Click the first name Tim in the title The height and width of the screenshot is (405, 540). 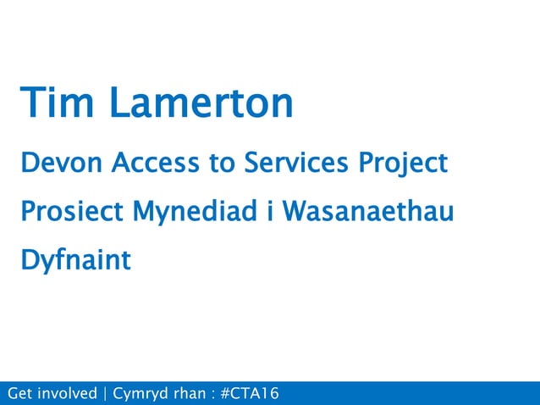[x=59, y=103]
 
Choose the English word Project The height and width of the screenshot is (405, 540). [x=404, y=164]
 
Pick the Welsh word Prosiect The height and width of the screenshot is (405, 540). [x=71, y=211]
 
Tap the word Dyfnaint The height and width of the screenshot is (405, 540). [x=76, y=261]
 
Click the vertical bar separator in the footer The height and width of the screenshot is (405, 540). [x=105, y=394]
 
